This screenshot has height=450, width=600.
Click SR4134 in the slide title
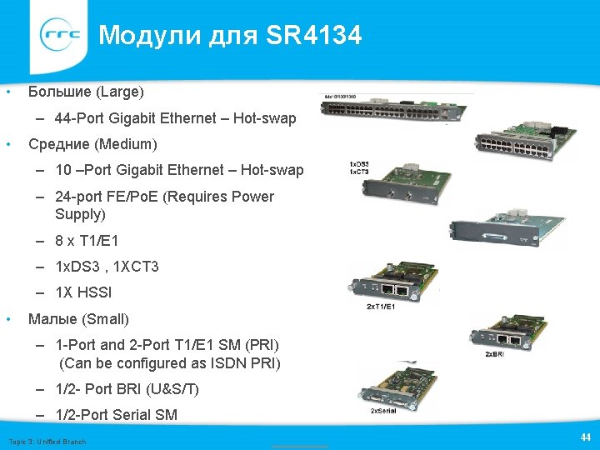(x=314, y=36)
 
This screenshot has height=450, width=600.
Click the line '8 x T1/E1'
(x=87, y=241)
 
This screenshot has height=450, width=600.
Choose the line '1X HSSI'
(x=83, y=292)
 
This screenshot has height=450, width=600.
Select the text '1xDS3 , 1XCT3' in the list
(x=107, y=267)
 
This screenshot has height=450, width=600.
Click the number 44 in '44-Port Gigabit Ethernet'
(x=64, y=118)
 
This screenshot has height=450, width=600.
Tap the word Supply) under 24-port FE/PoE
(x=80, y=214)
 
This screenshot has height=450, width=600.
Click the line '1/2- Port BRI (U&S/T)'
(x=127, y=389)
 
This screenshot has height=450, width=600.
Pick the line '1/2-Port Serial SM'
(x=116, y=415)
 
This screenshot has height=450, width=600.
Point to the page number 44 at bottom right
(x=585, y=437)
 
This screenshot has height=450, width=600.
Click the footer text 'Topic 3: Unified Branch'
(x=47, y=441)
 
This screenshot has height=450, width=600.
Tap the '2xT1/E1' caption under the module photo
(x=380, y=307)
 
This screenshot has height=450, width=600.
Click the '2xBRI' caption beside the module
(x=494, y=354)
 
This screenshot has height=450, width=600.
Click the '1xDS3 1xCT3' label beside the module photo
(x=359, y=167)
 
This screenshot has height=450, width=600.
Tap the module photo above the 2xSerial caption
(x=398, y=385)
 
